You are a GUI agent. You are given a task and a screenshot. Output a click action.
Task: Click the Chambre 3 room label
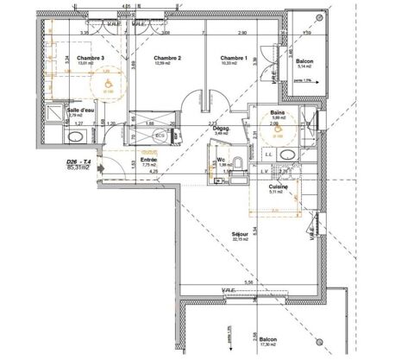point(91,58)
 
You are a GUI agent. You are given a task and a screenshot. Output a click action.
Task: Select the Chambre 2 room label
point(166,58)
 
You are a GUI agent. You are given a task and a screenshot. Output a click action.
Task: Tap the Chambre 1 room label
point(233,58)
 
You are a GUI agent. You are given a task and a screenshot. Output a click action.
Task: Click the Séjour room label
point(240,233)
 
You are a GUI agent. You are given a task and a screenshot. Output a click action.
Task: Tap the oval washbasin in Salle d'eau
point(68,136)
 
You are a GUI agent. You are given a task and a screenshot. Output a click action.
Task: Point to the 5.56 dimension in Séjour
point(249,282)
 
